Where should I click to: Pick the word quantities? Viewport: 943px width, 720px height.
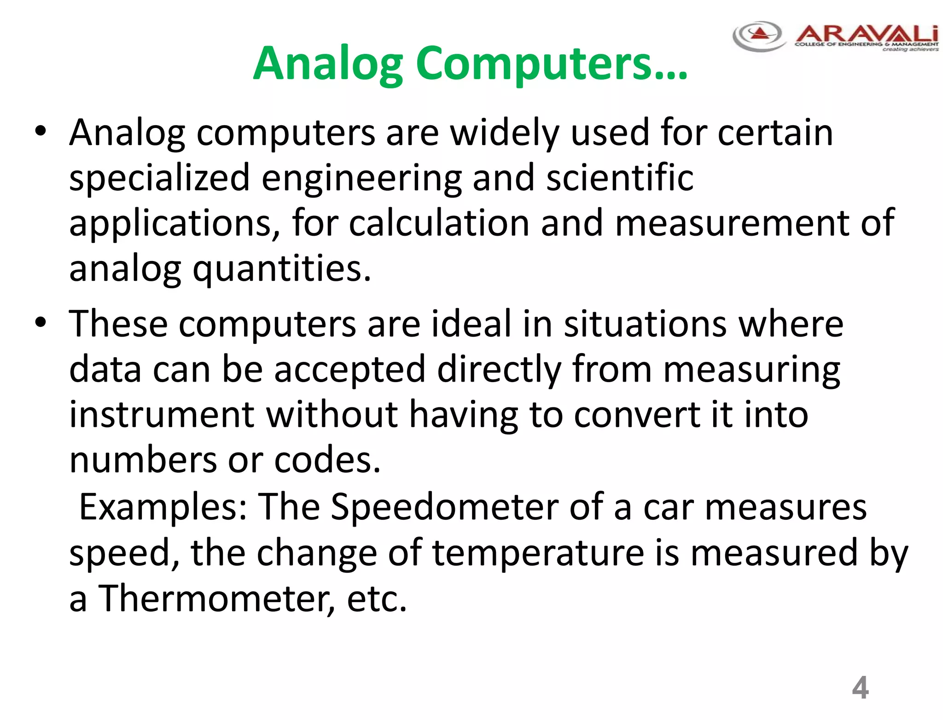pyautogui.click(x=281, y=269)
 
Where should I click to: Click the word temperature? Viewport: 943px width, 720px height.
pyautogui.click(x=538, y=552)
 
